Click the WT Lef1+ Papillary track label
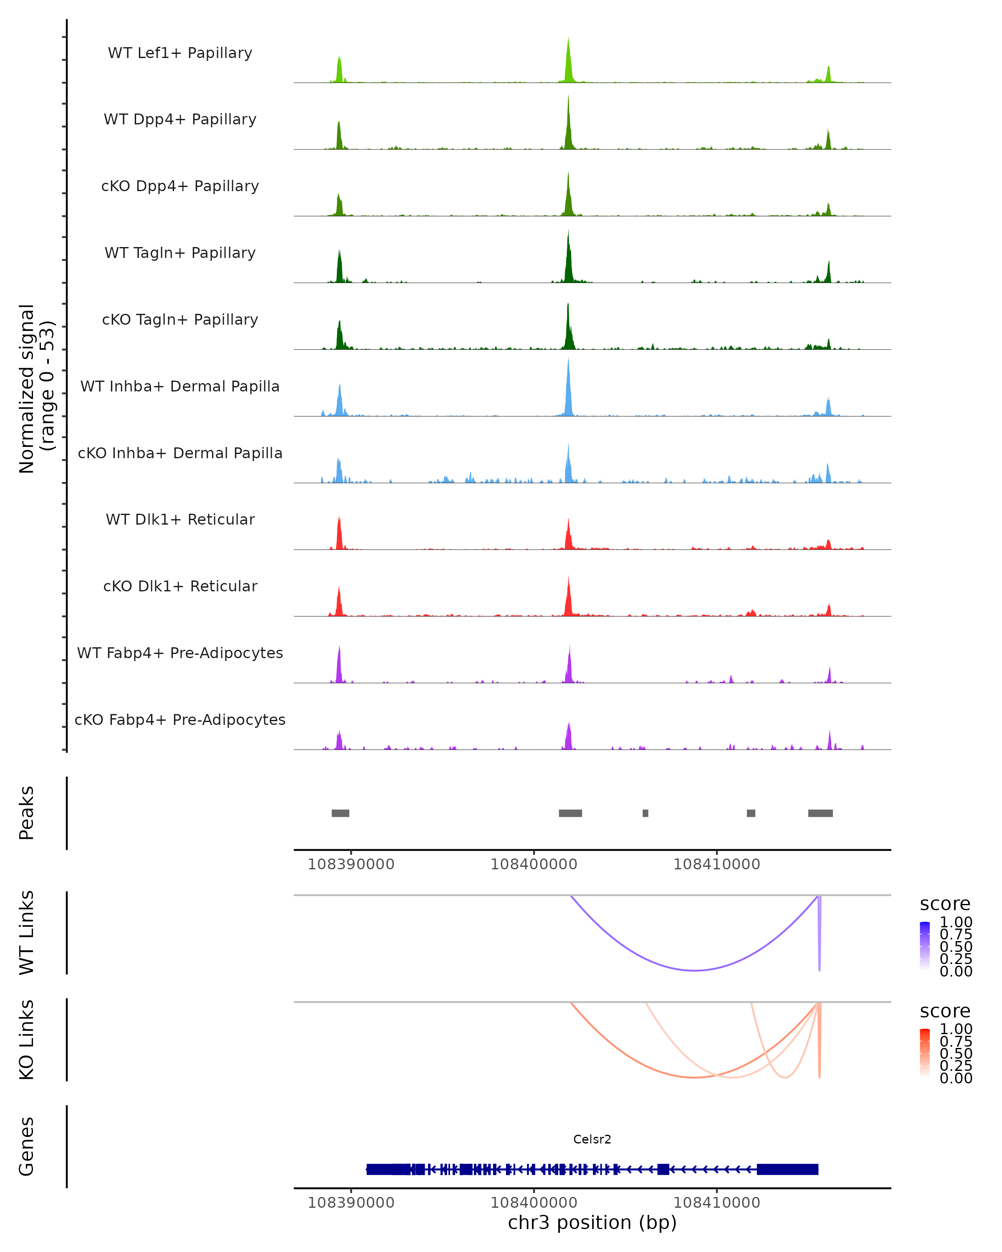pyautogui.click(x=180, y=53)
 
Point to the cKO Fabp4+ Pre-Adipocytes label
pyautogui.click(x=180, y=719)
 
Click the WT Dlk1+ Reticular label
pyautogui.click(x=180, y=519)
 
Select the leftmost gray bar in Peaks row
pyautogui.click(x=340, y=813)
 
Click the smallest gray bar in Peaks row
pyautogui.click(x=645, y=813)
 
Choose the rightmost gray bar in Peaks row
pyautogui.click(x=820, y=813)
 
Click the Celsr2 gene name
pyautogui.click(x=592, y=1139)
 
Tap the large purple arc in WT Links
pyautogui.click(x=694, y=970)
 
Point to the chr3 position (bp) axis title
pyautogui.click(x=592, y=1222)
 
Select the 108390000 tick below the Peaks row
pyautogui.click(x=351, y=864)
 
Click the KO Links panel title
pyautogui.click(x=27, y=1040)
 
